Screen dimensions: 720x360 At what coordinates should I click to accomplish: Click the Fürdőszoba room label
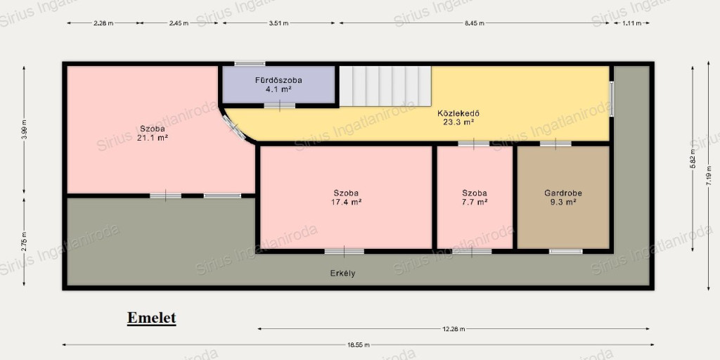[x=278, y=80]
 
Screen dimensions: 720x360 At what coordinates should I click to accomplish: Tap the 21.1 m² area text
[x=153, y=137]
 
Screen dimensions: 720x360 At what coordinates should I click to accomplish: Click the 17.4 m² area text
[x=346, y=202]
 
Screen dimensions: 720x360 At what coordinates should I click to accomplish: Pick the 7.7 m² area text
[x=475, y=202]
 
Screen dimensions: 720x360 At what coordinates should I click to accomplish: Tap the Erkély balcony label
[x=342, y=274]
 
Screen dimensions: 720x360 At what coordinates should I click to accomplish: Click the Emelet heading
[x=152, y=318]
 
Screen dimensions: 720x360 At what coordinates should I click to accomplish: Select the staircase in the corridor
[x=385, y=86]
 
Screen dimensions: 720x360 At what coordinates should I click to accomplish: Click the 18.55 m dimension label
[x=358, y=345]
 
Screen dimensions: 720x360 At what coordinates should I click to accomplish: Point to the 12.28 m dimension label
[x=454, y=329]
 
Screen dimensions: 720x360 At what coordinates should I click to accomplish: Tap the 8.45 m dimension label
[x=475, y=23]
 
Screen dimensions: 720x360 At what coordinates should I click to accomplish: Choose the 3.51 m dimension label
[x=278, y=23]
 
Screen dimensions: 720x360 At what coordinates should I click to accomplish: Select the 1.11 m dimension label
[x=631, y=23]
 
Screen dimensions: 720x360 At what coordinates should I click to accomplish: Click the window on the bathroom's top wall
[x=250, y=63]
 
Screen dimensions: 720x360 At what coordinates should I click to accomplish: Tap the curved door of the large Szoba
[x=233, y=127]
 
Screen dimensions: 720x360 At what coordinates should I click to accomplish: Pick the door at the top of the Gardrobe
[x=555, y=143]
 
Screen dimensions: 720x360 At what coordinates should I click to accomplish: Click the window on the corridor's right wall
[x=612, y=98]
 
